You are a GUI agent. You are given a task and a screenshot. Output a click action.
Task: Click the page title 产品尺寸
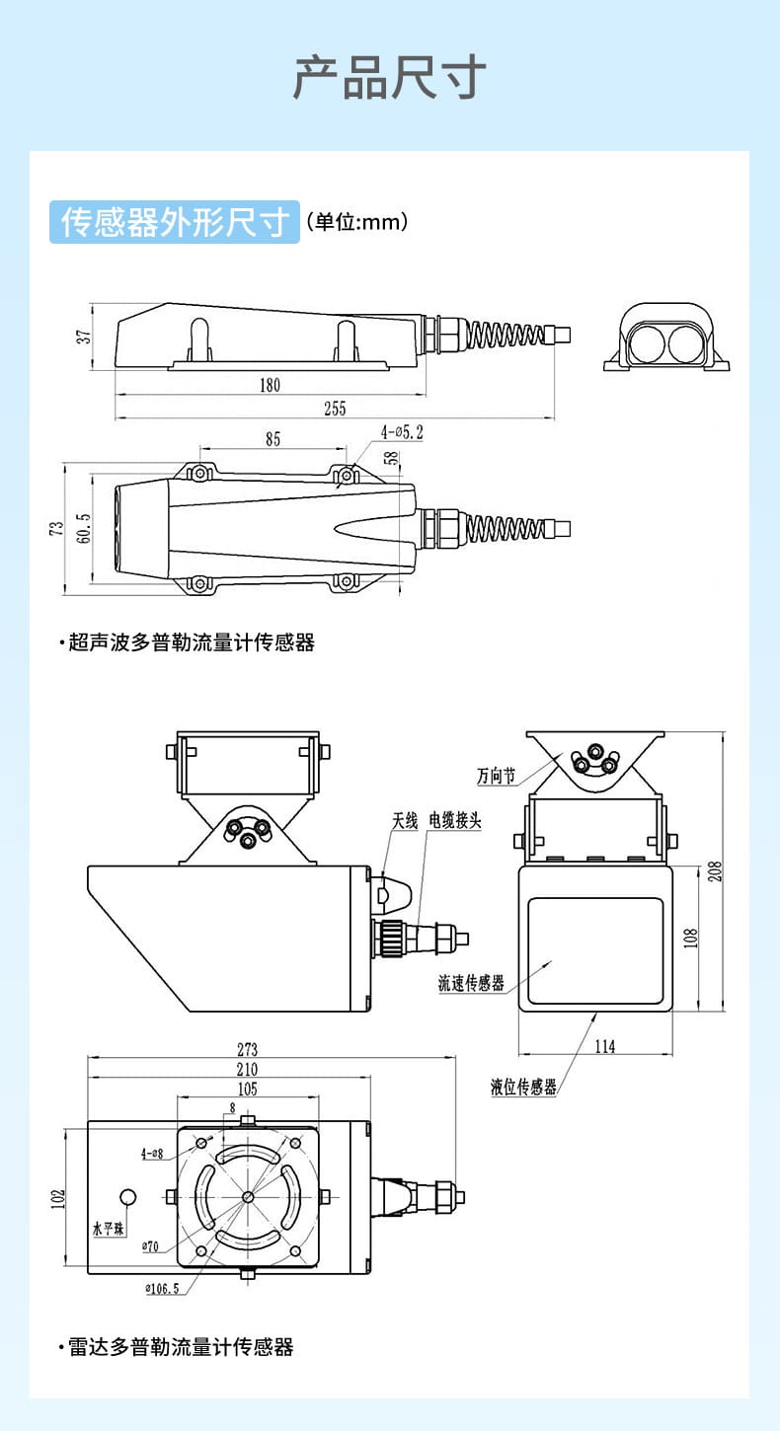pyautogui.click(x=389, y=78)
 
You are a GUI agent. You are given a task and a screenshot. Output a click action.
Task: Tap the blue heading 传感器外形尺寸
pyautogui.click(x=175, y=222)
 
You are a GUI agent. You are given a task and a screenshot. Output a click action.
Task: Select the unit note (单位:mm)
pyautogui.click(x=357, y=222)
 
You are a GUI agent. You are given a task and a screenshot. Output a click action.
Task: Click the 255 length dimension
pyautogui.click(x=335, y=409)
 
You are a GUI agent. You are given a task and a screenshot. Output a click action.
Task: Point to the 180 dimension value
pyautogui.click(x=270, y=385)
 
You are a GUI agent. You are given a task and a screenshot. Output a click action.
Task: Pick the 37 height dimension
pyautogui.click(x=85, y=336)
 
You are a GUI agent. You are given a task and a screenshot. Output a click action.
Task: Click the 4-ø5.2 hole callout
pyautogui.click(x=402, y=431)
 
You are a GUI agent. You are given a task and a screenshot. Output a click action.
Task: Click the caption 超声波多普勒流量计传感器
pyautogui.click(x=192, y=642)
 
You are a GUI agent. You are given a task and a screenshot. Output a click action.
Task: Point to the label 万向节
pyautogui.click(x=496, y=777)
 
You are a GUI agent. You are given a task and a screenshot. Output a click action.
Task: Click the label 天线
pyautogui.click(x=405, y=821)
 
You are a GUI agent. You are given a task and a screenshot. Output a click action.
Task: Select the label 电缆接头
pyautogui.click(x=455, y=821)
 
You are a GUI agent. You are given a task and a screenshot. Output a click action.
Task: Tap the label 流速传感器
pyautogui.click(x=471, y=983)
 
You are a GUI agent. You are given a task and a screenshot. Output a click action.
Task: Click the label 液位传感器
pyautogui.click(x=523, y=1088)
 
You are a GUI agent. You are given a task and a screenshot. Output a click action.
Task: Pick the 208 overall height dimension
pyautogui.click(x=716, y=870)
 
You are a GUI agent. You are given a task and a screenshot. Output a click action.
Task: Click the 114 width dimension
pyautogui.click(x=604, y=1047)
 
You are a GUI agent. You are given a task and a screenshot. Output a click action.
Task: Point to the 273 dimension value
pyautogui.click(x=247, y=1049)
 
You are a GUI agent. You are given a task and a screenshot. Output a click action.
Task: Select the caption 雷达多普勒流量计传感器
pyautogui.click(x=181, y=1347)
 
